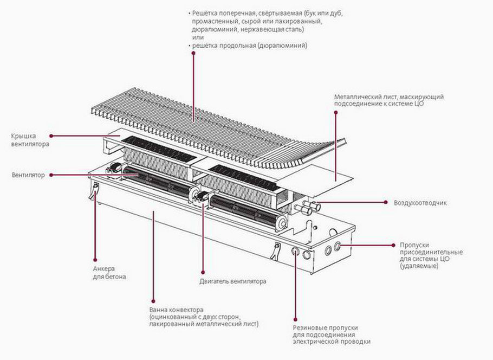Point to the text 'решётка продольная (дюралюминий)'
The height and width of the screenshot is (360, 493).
(249, 46)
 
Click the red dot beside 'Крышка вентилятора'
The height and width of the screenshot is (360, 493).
(50, 136)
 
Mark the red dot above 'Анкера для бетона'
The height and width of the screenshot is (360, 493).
(95, 259)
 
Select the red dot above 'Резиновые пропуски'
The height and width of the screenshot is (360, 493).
(295, 319)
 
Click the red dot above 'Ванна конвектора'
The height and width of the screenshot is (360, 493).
(153, 295)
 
